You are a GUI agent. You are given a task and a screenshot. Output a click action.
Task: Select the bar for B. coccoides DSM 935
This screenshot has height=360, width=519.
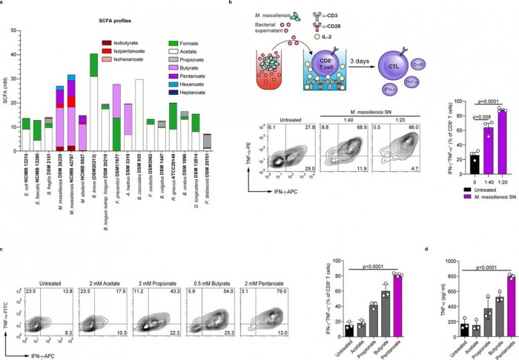click(x=139, y=115)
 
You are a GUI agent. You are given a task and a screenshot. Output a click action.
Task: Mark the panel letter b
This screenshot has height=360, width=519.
click(x=232, y=4)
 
